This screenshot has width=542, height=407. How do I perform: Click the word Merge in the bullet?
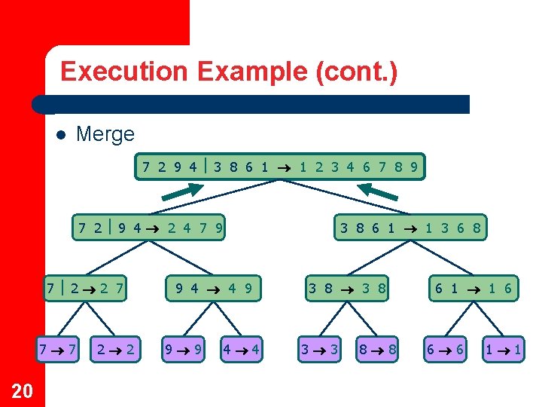tap(105, 135)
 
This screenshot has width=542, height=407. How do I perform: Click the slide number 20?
tap(23, 390)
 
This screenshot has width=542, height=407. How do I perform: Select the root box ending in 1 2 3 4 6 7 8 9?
tap(281, 167)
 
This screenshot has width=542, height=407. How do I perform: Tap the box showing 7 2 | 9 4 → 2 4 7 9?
tap(150, 226)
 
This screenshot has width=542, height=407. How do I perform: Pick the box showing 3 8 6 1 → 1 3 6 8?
tap(410, 226)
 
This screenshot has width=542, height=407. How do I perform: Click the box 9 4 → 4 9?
tap(214, 287)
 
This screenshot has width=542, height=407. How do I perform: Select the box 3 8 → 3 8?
tap(347, 287)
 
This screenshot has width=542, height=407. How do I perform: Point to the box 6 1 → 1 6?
tap(473, 287)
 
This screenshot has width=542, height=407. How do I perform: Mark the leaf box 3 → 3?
tap(319, 349)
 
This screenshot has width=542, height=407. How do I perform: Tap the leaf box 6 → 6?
tap(446, 349)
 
